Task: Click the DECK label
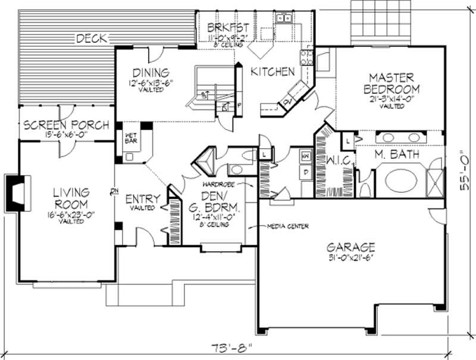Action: (91, 39)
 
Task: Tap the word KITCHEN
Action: (272, 72)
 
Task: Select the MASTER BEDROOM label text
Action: (393, 83)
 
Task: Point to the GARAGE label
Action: (350, 247)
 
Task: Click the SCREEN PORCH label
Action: (65, 126)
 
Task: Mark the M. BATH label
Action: (396, 155)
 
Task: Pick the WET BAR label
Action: (131, 137)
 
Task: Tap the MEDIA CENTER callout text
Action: (271, 227)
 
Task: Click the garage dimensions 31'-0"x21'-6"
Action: (350, 258)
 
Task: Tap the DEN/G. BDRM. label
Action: (212, 204)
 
